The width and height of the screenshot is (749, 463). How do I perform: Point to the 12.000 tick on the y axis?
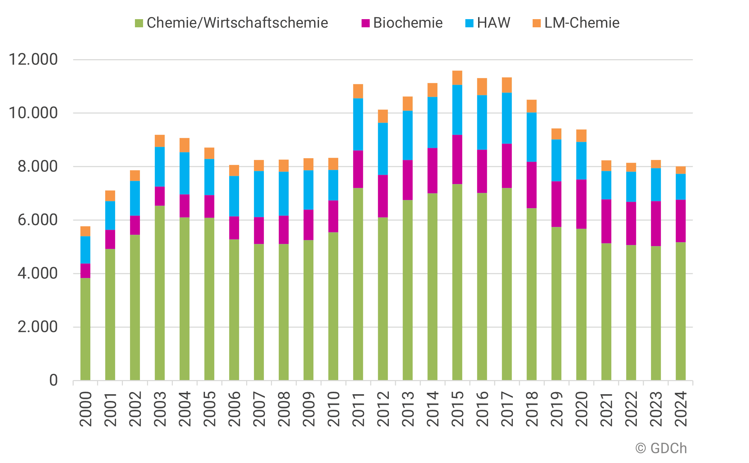tap(33, 60)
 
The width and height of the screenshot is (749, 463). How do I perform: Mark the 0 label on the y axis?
tap(53, 380)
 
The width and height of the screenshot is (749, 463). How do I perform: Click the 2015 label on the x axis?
tap(458, 409)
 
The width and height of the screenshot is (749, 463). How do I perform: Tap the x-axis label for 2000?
tap(86, 409)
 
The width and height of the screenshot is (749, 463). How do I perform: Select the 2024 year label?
tap(681, 409)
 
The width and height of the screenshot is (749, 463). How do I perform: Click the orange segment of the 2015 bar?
tap(457, 78)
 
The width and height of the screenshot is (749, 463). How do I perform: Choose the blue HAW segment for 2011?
tap(358, 124)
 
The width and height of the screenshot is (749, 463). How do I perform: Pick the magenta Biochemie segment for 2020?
tap(581, 204)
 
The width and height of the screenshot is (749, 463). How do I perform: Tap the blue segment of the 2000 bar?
tap(85, 250)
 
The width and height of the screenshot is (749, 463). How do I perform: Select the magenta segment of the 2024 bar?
tap(680, 221)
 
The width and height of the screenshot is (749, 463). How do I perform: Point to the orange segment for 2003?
tap(160, 141)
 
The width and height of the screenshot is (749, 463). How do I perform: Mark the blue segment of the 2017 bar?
tap(507, 118)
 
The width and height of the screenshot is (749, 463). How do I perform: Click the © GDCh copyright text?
tap(661, 448)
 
